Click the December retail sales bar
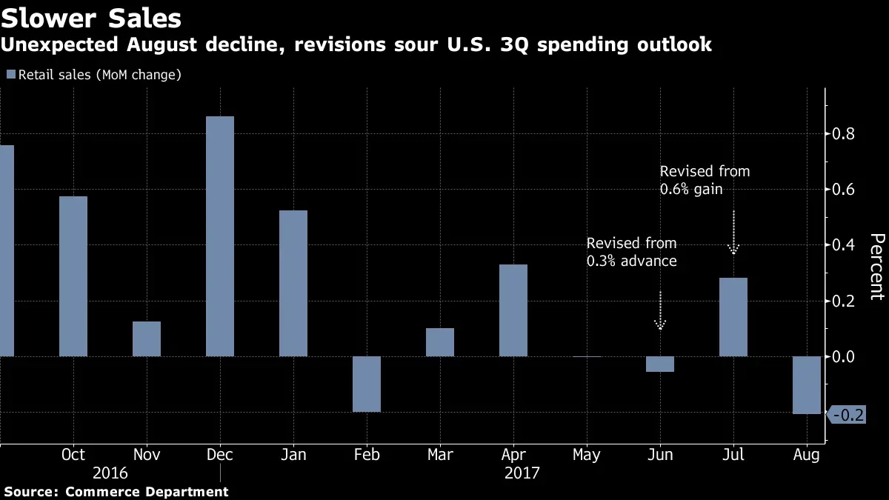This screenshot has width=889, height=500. [x=220, y=236]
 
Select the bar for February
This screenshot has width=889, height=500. [x=367, y=384]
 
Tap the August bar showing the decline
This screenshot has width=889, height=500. [x=807, y=385]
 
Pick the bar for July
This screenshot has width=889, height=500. [x=733, y=317]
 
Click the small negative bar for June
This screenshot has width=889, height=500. [x=660, y=364]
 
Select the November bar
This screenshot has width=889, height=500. [x=147, y=339]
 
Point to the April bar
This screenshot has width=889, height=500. [x=513, y=310]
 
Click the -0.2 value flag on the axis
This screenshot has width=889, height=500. [x=846, y=415]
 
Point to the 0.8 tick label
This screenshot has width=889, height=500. [x=843, y=134]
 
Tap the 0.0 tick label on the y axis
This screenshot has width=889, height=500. [x=843, y=357]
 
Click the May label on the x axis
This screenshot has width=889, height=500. [x=587, y=455]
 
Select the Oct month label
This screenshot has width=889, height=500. [x=73, y=454]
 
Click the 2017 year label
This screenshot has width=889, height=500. [x=522, y=473]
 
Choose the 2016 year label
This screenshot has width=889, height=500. [x=110, y=473]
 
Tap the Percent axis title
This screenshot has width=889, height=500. [x=877, y=267]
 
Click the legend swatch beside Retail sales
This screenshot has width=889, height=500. [x=11, y=74]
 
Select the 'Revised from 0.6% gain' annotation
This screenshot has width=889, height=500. [x=705, y=180]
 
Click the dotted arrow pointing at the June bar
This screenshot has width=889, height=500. [x=660, y=310]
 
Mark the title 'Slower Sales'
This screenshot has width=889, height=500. [x=91, y=19]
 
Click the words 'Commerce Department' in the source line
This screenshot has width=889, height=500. [x=147, y=492]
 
